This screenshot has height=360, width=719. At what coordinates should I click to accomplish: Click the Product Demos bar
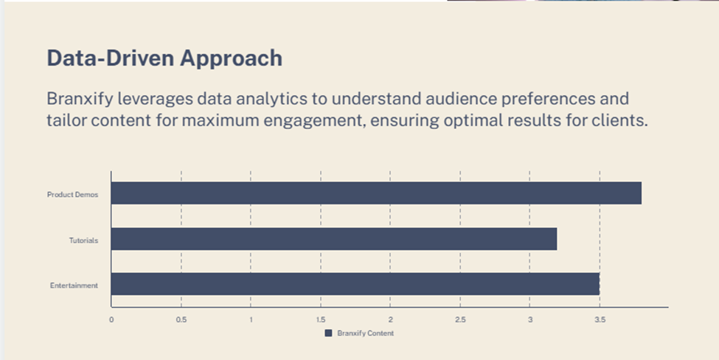click(x=377, y=193)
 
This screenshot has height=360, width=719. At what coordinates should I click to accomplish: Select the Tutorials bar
click(x=334, y=239)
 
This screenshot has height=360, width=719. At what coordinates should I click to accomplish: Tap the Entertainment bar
click(x=355, y=284)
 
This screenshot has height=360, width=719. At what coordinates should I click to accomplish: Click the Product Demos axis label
click(x=72, y=195)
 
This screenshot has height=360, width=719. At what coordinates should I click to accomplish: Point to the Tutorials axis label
click(x=83, y=240)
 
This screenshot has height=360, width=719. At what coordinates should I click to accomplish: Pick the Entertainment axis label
click(x=74, y=285)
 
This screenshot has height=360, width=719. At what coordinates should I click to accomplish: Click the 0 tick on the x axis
click(x=111, y=319)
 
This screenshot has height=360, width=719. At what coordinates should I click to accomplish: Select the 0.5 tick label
click(x=181, y=319)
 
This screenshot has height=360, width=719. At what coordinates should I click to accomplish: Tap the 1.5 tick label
click(x=321, y=319)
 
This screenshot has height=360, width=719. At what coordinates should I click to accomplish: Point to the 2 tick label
click(x=390, y=319)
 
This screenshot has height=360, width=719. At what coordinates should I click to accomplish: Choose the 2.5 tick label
click(x=460, y=319)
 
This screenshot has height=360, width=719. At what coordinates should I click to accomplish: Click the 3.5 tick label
click(x=600, y=319)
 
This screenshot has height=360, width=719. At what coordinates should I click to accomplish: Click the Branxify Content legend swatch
click(x=328, y=333)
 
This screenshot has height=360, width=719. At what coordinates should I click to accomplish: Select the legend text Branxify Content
click(x=366, y=333)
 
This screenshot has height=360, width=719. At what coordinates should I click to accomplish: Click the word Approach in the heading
click(x=231, y=59)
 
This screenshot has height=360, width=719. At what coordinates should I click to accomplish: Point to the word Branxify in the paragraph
click(x=80, y=99)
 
